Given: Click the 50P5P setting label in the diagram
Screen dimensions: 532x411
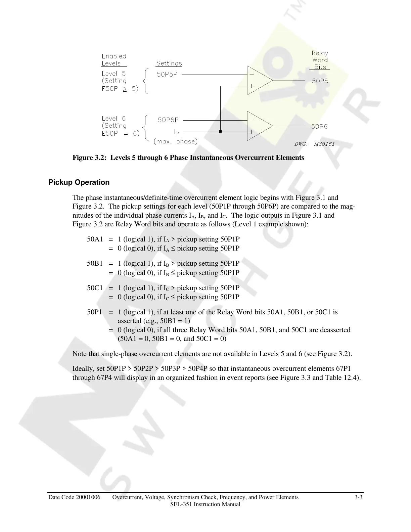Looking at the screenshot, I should (167, 75).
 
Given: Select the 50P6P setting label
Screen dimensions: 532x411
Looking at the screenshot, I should (168, 120).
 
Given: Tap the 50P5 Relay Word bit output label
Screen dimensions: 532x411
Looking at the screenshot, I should (320, 81).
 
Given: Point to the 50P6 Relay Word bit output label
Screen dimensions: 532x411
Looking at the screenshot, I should (319, 127).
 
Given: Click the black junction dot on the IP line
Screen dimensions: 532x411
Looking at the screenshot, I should (220, 132).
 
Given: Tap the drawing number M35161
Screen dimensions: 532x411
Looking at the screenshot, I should (324, 144).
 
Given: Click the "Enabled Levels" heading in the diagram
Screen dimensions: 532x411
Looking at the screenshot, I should (114, 60).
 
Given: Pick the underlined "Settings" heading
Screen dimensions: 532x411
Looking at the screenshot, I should (169, 63).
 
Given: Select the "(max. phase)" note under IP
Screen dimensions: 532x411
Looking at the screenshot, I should (175, 141).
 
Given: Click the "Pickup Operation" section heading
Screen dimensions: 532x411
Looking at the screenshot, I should (79, 182).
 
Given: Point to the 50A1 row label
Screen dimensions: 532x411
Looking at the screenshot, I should (95, 239).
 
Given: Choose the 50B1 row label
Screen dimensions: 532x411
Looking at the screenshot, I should (95, 264).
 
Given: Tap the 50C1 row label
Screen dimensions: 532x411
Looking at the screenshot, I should (95, 288).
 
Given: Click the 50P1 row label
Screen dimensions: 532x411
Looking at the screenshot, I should (94, 312).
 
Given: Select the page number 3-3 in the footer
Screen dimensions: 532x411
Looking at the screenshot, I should (358, 497).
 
